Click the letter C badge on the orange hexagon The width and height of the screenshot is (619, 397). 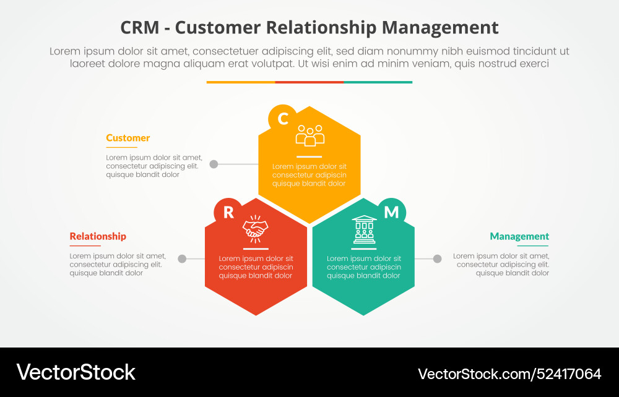282,118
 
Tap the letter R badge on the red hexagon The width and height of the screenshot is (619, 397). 228,212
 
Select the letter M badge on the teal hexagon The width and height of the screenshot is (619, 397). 391,212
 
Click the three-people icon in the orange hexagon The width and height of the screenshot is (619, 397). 309,135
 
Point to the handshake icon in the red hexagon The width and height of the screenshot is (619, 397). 256,228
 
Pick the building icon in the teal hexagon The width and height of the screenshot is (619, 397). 363,229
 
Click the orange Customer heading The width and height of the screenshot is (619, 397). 128,138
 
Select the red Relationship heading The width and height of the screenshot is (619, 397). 98,236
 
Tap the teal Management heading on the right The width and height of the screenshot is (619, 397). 519,236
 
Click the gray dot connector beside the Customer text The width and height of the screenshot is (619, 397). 214,164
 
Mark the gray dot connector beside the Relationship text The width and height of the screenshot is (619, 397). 182,258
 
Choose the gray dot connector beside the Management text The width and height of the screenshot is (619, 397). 437,258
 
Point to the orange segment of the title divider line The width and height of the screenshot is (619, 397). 241,82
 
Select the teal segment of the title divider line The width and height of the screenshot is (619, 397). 378,82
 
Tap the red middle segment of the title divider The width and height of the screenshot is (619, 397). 309,82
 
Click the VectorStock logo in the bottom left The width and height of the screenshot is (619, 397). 76,372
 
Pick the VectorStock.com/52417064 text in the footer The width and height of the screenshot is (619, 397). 509,374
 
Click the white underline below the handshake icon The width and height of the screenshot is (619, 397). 256,249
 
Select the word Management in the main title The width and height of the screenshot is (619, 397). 439,28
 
